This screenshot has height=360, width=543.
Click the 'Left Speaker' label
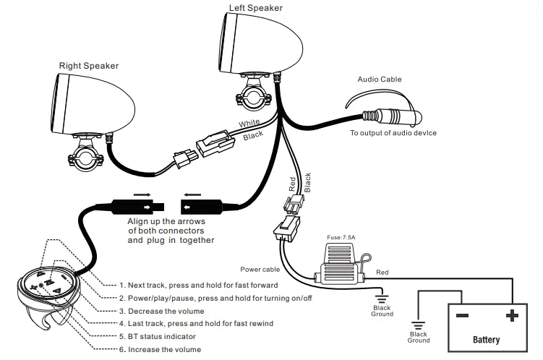pyautogui.click(x=255, y=8)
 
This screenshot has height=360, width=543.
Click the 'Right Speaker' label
pyautogui.click(x=89, y=66)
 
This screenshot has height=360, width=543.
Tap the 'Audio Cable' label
pyautogui.click(x=380, y=80)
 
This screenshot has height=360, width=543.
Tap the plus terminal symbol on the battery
pyautogui.click(x=512, y=316)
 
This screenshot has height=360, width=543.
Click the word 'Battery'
pyautogui.click(x=486, y=339)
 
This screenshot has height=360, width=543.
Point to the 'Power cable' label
pyautogui.click(x=260, y=270)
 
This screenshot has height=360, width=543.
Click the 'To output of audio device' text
pyautogui.click(x=393, y=133)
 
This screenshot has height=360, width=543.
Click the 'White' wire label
pyautogui.click(x=249, y=124)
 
